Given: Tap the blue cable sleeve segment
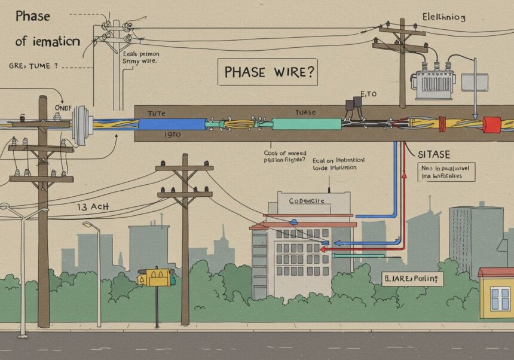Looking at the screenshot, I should [x=172, y=124].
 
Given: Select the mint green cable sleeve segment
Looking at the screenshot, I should [x=307, y=124].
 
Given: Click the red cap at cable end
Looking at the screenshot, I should [x=491, y=124].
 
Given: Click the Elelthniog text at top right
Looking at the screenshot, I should [x=443, y=16].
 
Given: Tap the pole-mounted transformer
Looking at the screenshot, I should [x=433, y=84].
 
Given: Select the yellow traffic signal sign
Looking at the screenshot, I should [x=157, y=277].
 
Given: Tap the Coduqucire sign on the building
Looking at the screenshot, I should [x=307, y=200].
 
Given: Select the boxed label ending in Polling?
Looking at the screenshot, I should [x=413, y=278].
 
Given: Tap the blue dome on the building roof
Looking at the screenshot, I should [x=295, y=221].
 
